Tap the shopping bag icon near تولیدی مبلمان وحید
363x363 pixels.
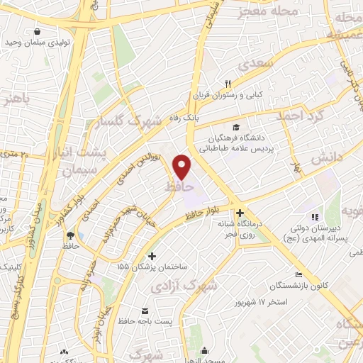[38, 31]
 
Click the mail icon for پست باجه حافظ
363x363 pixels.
[145, 312]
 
